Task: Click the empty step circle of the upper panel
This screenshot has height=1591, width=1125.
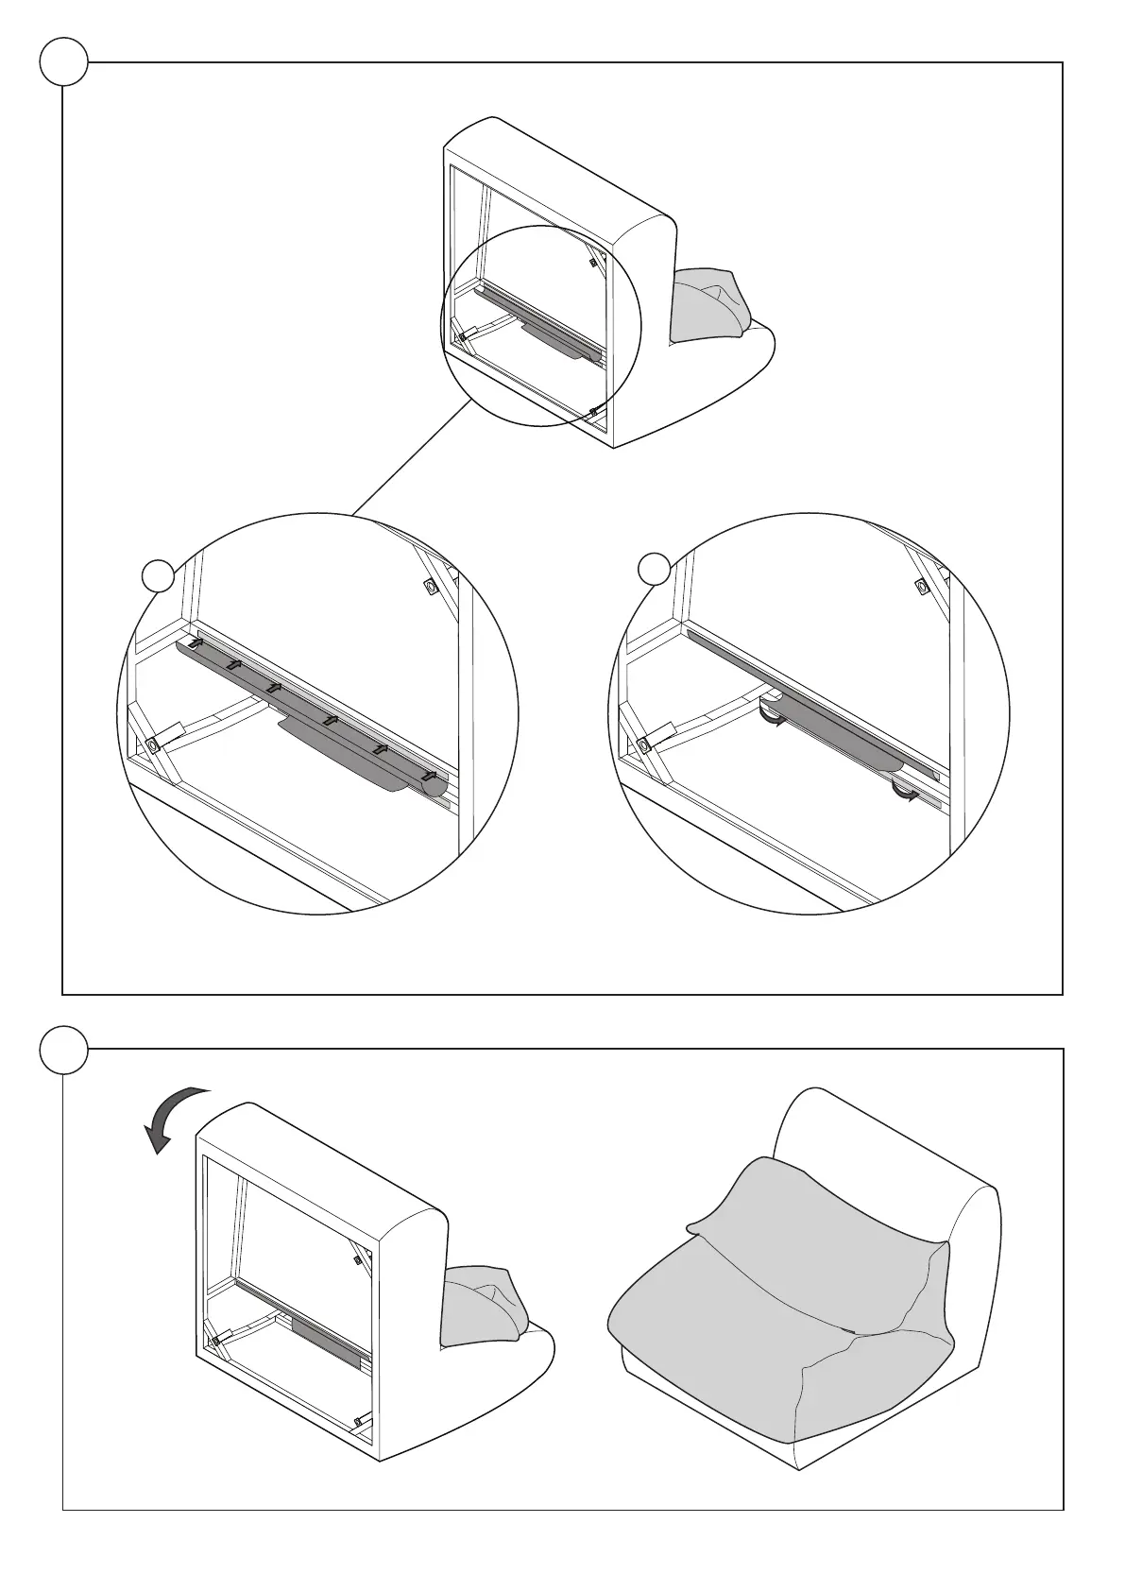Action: click(x=64, y=63)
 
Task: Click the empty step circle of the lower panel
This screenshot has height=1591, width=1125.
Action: click(x=64, y=1050)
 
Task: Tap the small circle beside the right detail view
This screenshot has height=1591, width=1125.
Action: click(x=654, y=569)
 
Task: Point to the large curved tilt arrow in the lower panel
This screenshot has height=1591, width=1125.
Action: click(x=173, y=1115)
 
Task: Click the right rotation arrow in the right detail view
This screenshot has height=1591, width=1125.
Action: click(x=906, y=795)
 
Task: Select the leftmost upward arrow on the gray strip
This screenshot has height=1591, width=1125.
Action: click(x=196, y=642)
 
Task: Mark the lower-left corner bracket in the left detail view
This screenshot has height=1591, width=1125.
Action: click(x=152, y=744)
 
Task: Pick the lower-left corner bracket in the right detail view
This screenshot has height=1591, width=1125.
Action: click(x=643, y=744)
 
